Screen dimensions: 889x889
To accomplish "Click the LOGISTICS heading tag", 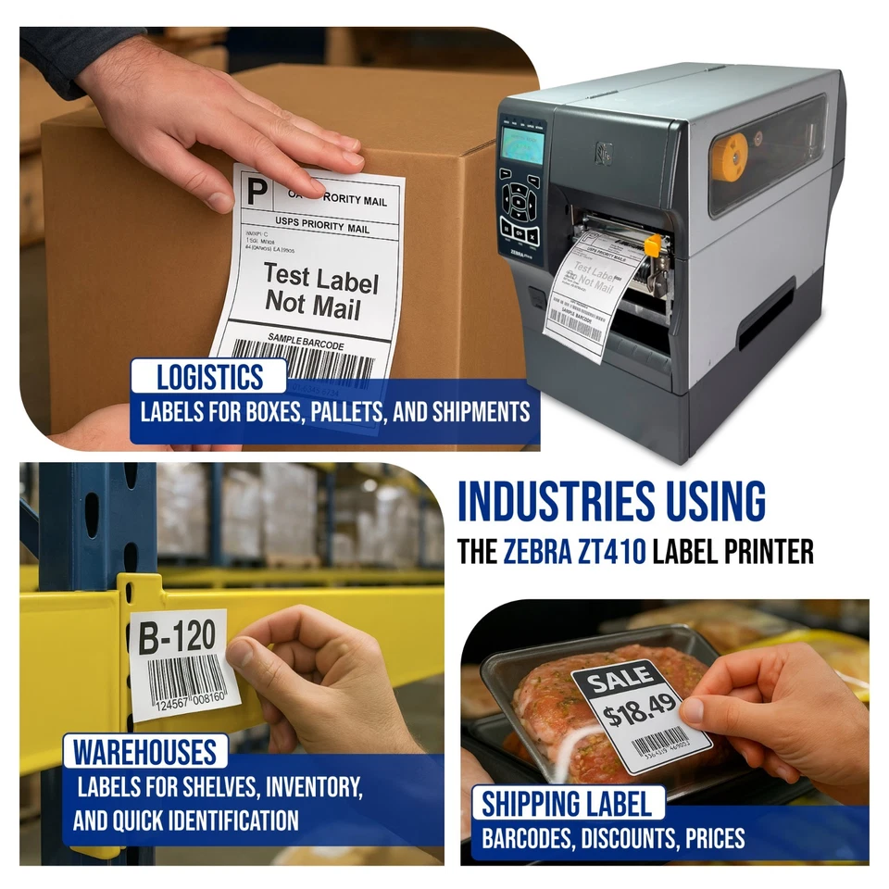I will [209, 377].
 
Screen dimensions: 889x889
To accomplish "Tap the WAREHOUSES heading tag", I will [144, 751].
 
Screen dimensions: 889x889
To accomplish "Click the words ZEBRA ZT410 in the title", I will [575, 553].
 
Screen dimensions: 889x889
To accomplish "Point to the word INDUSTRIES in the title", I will [558, 503].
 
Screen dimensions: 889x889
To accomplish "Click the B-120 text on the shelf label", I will [177, 637].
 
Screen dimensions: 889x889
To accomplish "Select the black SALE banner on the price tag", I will [618, 681].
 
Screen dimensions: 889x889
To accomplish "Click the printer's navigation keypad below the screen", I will [519, 199].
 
